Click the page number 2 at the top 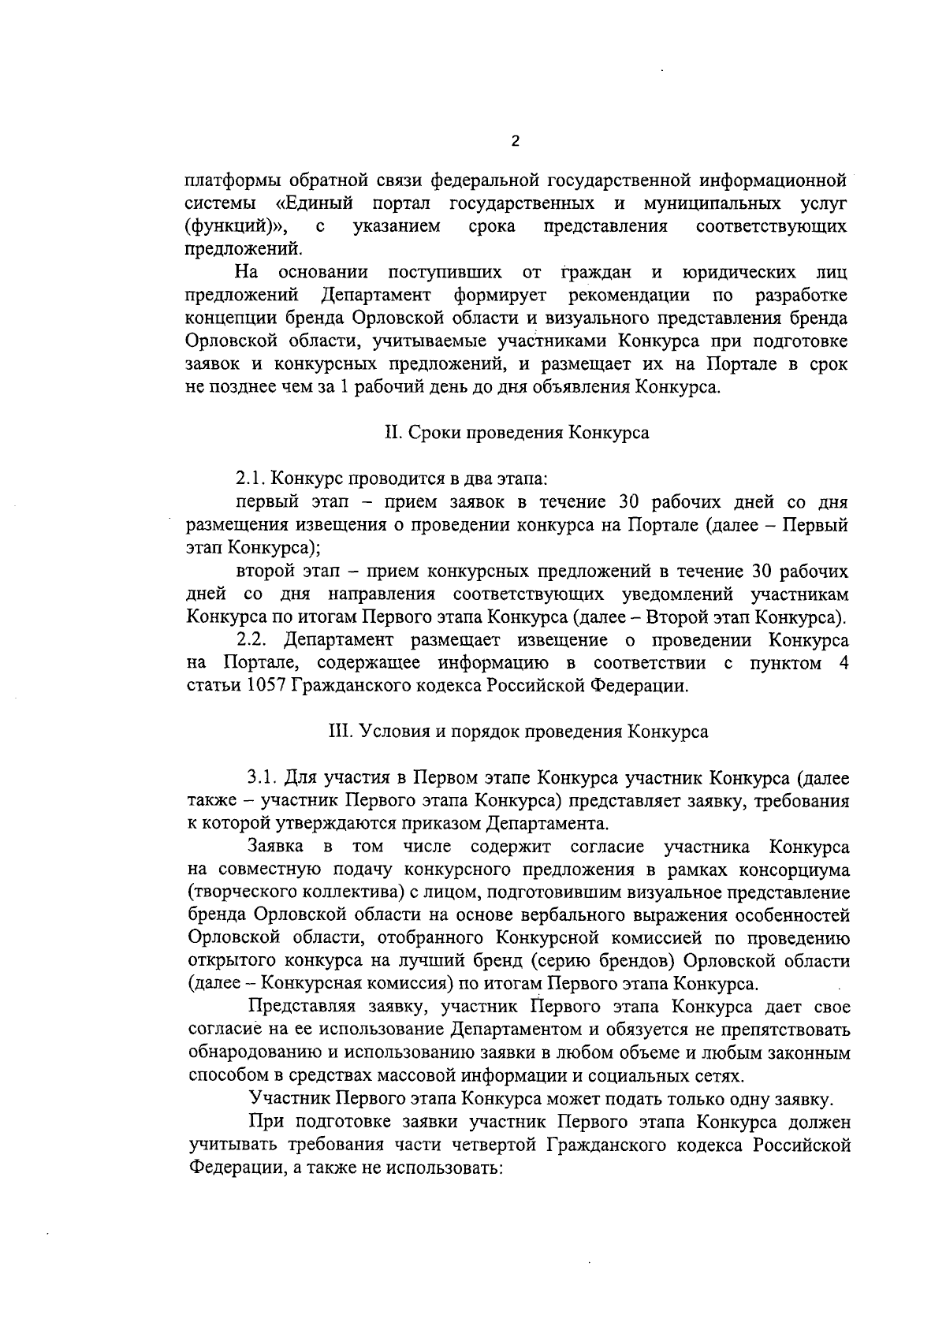click(x=515, y=142)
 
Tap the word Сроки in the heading click(x=430, y=434)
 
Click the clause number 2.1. click(x=251, y=479)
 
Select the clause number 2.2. click(x=254, y=639)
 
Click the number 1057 click(x=266, y=685)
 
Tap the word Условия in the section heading click(x=389, y=732)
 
